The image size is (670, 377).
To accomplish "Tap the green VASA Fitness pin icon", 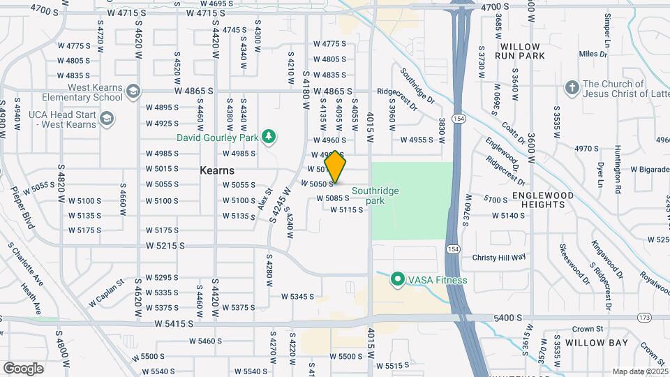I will point(398,280).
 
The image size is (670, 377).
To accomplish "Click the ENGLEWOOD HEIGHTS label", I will point(543,200).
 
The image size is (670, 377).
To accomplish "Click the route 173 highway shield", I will point(643,318).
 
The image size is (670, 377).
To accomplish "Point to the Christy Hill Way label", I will point(499,258).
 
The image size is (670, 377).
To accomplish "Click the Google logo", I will point(23,368).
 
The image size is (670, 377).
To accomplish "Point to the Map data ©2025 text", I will point(640,371).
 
